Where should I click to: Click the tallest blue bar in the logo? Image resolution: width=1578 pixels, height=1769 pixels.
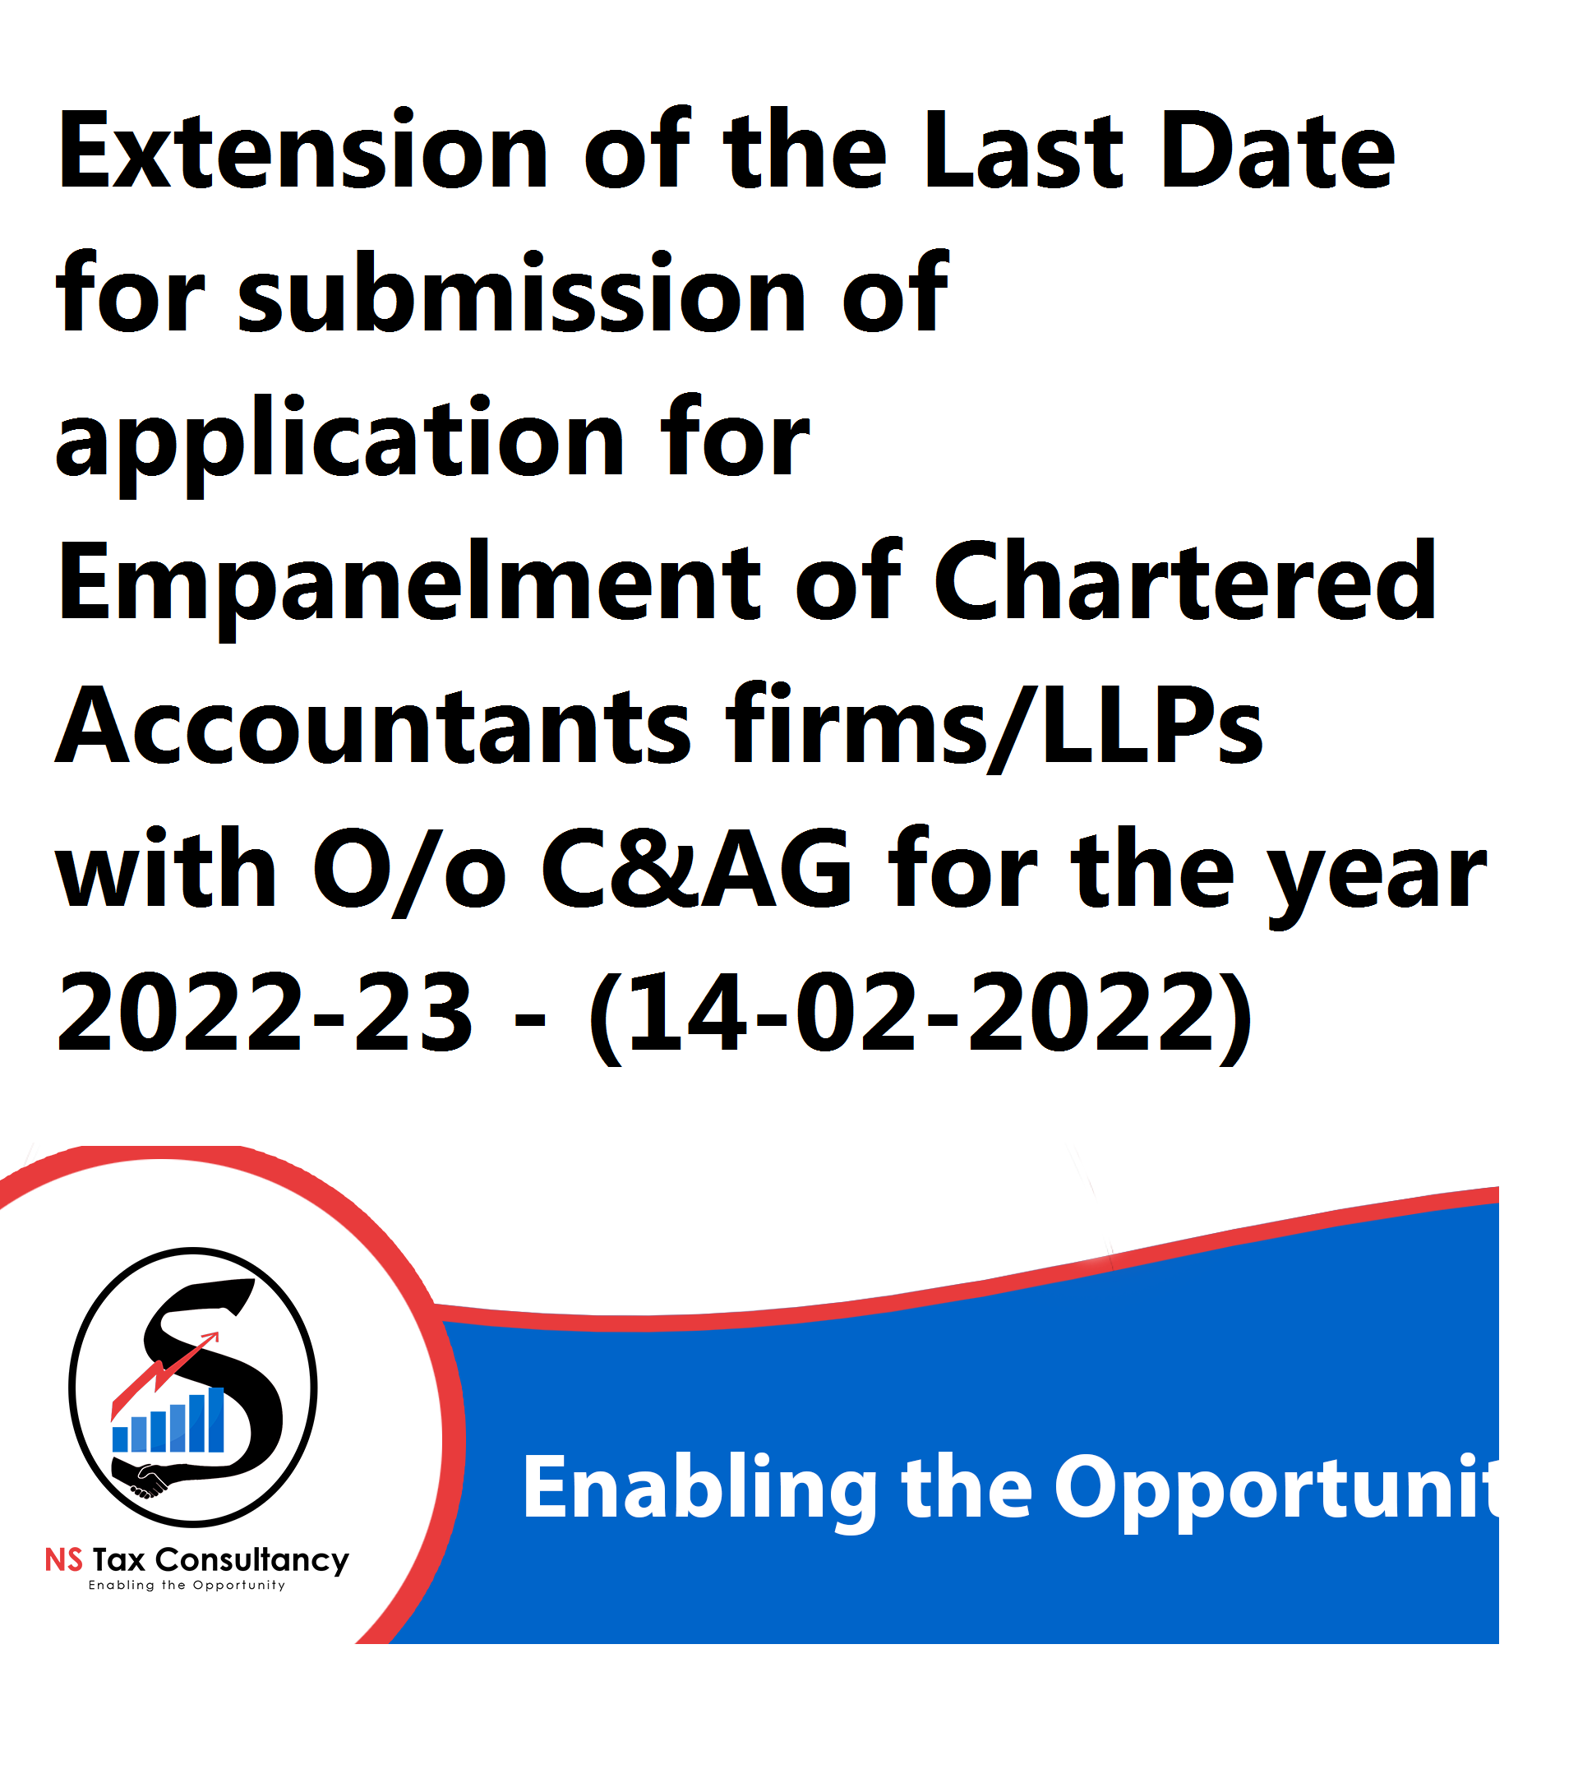coord(217,1420)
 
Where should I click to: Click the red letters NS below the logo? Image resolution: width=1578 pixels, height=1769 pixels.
coord(64,1560)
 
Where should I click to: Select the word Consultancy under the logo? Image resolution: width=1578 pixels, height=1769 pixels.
coord(252,1562)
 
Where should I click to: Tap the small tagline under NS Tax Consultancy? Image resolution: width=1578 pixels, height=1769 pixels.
coord(187,1585)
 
